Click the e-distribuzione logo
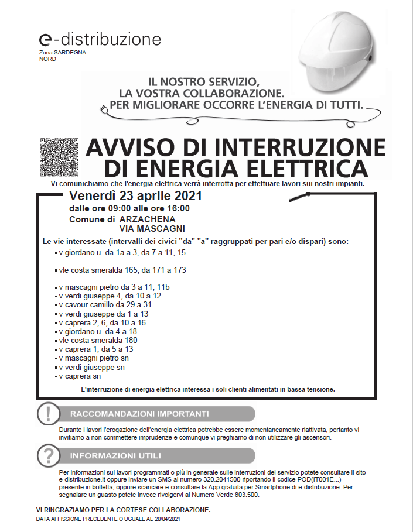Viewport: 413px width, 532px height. click(100, 40)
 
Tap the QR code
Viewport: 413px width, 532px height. click(59, 157)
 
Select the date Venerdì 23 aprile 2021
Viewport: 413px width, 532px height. click(135, 195)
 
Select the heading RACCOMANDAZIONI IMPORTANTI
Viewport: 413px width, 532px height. click(139, 414)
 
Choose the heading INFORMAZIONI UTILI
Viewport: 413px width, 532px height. click(115, 455)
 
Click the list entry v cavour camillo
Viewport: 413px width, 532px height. click(105, 305)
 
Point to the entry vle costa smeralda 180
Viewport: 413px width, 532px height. click(98, 340)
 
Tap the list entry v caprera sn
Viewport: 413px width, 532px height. click(79, 376)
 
